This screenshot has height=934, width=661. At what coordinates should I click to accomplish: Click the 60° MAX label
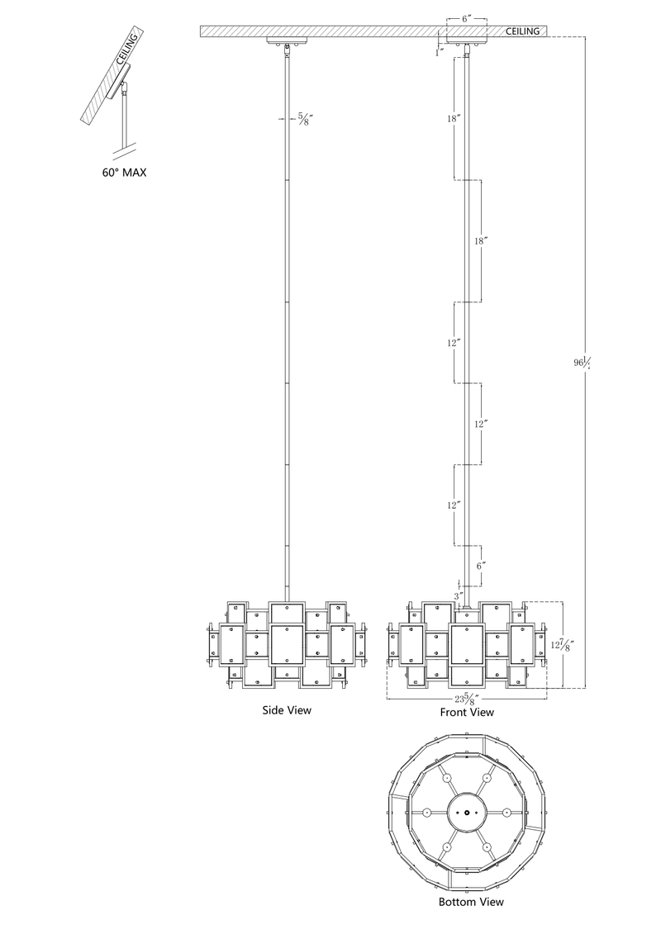123,173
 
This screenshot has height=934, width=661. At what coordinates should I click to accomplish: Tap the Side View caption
287,710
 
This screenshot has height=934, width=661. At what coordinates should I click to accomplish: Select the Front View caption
467,712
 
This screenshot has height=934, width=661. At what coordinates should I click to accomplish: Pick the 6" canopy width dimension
468,19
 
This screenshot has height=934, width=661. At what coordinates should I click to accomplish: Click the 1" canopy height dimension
440,52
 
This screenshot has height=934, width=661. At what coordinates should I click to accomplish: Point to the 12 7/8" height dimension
559,644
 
